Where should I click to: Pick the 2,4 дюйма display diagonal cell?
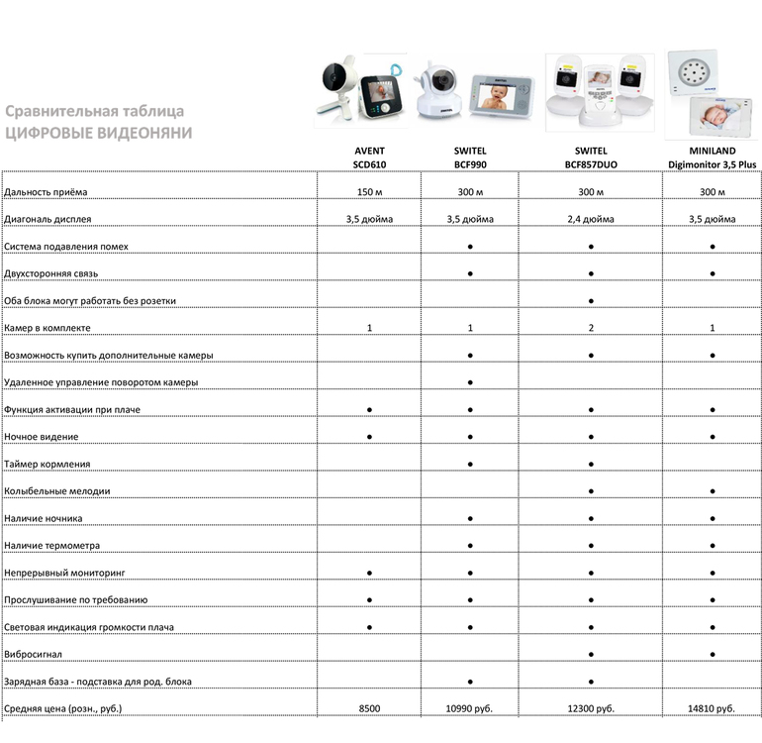point(590,219)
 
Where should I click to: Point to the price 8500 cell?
point(369,709)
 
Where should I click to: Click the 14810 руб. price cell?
point(712,709)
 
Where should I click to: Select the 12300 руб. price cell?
point(590,709)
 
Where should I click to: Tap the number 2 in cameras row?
point(590,328)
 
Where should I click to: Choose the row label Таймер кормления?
point(48,464)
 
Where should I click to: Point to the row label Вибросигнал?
point(36,655)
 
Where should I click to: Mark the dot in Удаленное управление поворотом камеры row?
point(470,382)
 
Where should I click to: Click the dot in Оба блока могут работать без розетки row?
point(590,300)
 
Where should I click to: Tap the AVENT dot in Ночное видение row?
point(369,437)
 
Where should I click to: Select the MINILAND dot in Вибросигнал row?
point(712,655)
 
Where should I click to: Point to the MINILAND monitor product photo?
point(713,94)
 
